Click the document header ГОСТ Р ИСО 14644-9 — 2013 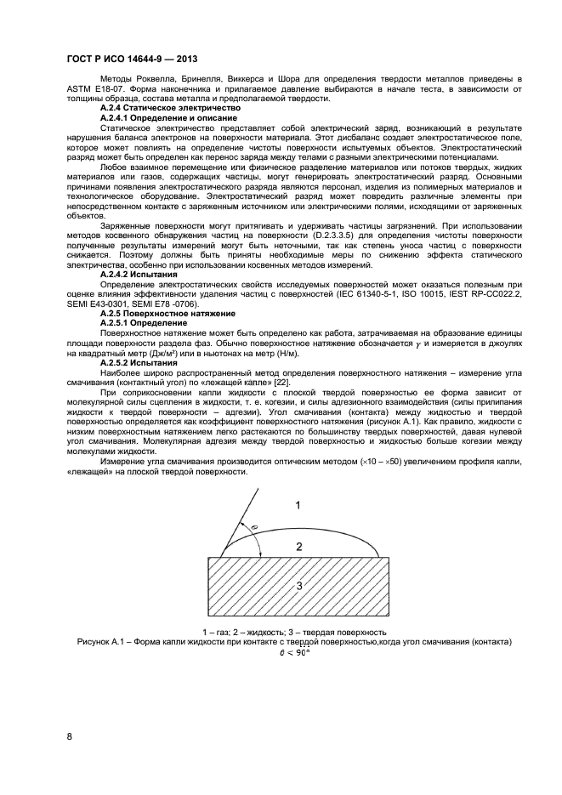tap(133, 57)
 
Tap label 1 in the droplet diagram tap(298, 505)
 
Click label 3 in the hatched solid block tap(298, 586)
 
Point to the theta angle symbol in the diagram tap(254, 528)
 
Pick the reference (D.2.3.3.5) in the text tap(328, 233)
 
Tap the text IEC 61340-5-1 tap(408, 294)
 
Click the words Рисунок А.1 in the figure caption tap(102, 643)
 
